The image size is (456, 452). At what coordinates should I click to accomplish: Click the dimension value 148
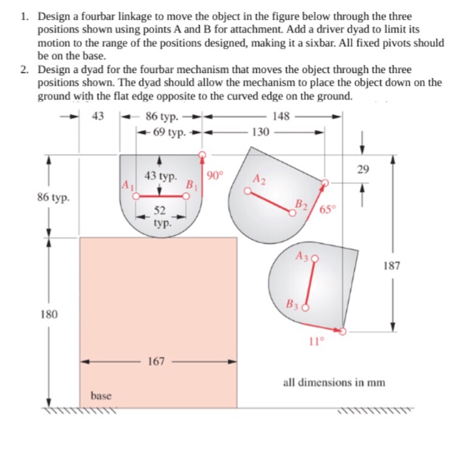point(281,117)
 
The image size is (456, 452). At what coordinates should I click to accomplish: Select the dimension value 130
point(260,132)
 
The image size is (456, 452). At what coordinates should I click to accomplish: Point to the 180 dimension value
point(49,314)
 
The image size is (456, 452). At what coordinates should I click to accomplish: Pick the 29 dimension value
point(363,170)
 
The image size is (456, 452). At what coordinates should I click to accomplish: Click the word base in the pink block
point(101,395)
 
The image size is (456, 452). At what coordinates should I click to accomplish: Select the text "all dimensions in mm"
point(324,382)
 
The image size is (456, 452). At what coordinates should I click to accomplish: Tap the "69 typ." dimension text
point(169,132)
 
